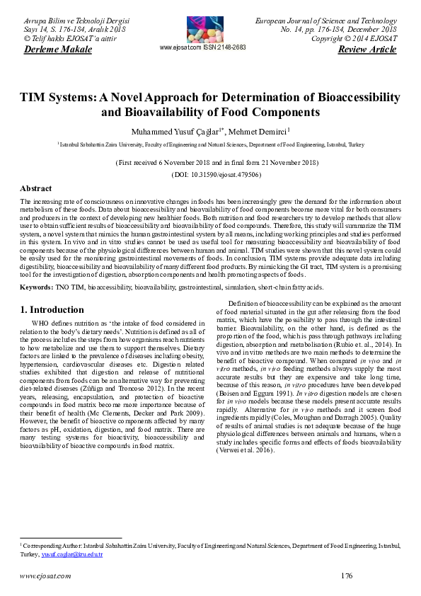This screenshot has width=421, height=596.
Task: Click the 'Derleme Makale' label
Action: tap(58, 50)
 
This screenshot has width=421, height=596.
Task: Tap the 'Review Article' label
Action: tap(367, 50)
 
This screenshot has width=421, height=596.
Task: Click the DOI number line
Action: tap(211, 173)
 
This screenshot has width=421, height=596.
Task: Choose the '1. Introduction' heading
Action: tap(52, 310)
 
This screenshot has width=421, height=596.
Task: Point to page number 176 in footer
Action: tap(346, 575)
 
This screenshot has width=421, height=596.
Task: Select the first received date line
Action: tap(211, 162)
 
